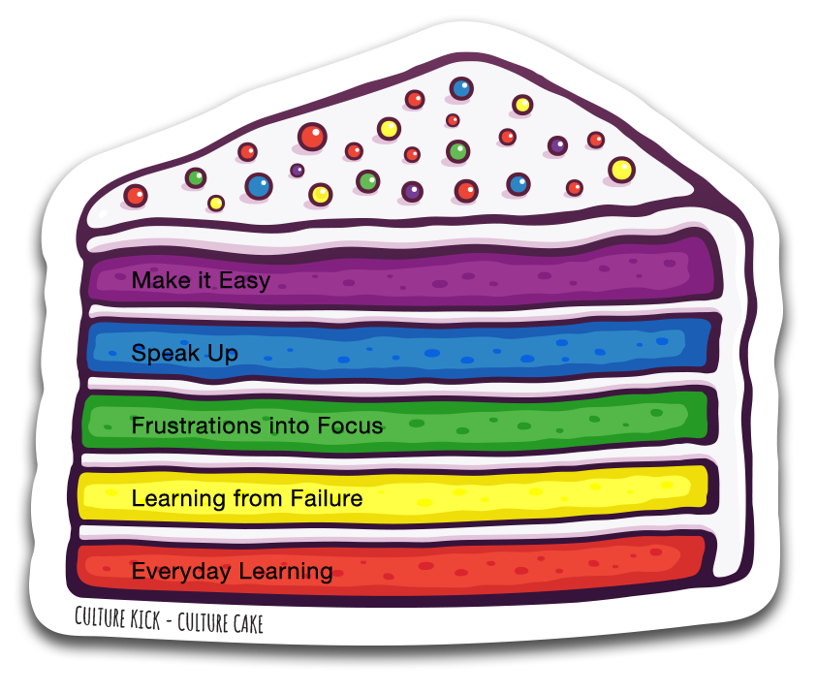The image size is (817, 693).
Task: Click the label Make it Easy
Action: pos(201,281)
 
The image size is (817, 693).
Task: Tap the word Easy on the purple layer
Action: pos(243,282)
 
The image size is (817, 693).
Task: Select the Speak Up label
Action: pos(184,353)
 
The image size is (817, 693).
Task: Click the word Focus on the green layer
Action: pos(350,425)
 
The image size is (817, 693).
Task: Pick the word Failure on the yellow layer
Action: pos(326,499)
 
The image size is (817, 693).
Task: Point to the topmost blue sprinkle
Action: pos(461,89)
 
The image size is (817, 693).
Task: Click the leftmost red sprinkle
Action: pos(136,196)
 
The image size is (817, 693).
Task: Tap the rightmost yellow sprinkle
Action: pos(621,171)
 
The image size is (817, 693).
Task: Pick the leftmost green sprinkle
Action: pos(196,178)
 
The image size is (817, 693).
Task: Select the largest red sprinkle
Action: pos(312,137)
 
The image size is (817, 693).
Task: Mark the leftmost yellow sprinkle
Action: pos(216,204)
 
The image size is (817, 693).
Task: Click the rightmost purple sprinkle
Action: pos(557,145)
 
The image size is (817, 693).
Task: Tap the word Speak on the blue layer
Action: pos(159,353)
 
